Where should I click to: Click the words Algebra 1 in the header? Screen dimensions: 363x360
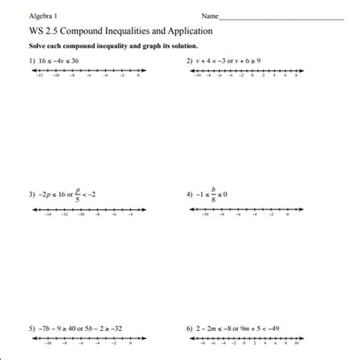44,15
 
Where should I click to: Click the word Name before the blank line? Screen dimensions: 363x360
209,15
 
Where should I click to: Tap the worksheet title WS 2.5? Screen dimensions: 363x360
43,32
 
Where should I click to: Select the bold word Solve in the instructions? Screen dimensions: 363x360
38,47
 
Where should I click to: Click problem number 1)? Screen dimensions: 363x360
33,60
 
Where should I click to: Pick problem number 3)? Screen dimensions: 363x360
33,195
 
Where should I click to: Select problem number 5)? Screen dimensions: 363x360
33,329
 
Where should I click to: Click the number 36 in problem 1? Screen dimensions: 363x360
75,60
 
